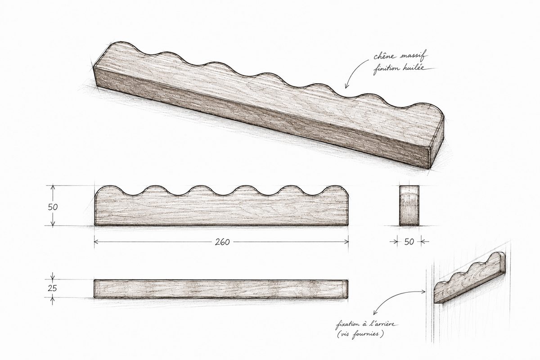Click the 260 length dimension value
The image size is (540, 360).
[x=222, y=242]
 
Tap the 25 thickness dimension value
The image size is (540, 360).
[x=52, y=288]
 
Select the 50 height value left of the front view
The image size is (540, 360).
[x=53, y=207]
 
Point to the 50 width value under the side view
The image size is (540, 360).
[x=409, y=242]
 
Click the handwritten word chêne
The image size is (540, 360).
[x=385, y=56]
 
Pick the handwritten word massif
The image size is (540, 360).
[x=413, y=55]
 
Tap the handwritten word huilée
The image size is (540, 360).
[x=414, y=68]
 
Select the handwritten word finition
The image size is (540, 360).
[x=386, y=69]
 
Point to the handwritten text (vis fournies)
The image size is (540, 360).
[x=360, y=334]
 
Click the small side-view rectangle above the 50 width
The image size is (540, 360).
[x=409, y=206]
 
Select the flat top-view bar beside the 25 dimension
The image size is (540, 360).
[x=221, y=289]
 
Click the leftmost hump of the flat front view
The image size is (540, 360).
[x=110, y=190]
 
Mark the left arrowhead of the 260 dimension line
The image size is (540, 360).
[x=96, y=242]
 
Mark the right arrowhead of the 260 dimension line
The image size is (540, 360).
[x=346, y=242]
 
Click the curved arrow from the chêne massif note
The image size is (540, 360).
[x=352, y=70]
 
